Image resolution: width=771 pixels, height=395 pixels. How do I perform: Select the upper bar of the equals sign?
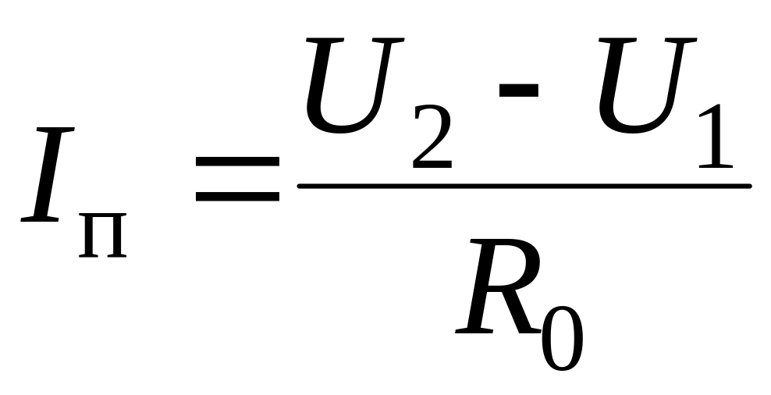click(236, 160)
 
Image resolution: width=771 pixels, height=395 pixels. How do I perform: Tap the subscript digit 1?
click(714, 138)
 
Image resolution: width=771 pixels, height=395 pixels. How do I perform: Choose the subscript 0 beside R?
click(563, 336)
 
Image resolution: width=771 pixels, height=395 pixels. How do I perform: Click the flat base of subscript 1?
click(715, 166)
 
